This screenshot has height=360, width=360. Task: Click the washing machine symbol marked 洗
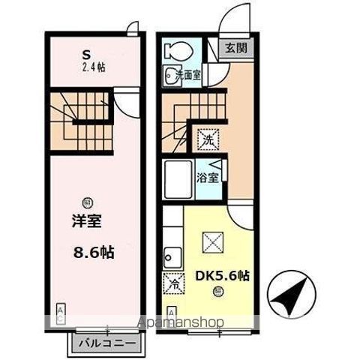205,139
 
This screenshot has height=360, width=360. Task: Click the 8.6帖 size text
94,253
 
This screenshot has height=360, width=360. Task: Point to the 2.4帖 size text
93,67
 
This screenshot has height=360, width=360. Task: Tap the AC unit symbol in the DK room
171,312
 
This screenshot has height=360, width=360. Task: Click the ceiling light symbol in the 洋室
88,201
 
